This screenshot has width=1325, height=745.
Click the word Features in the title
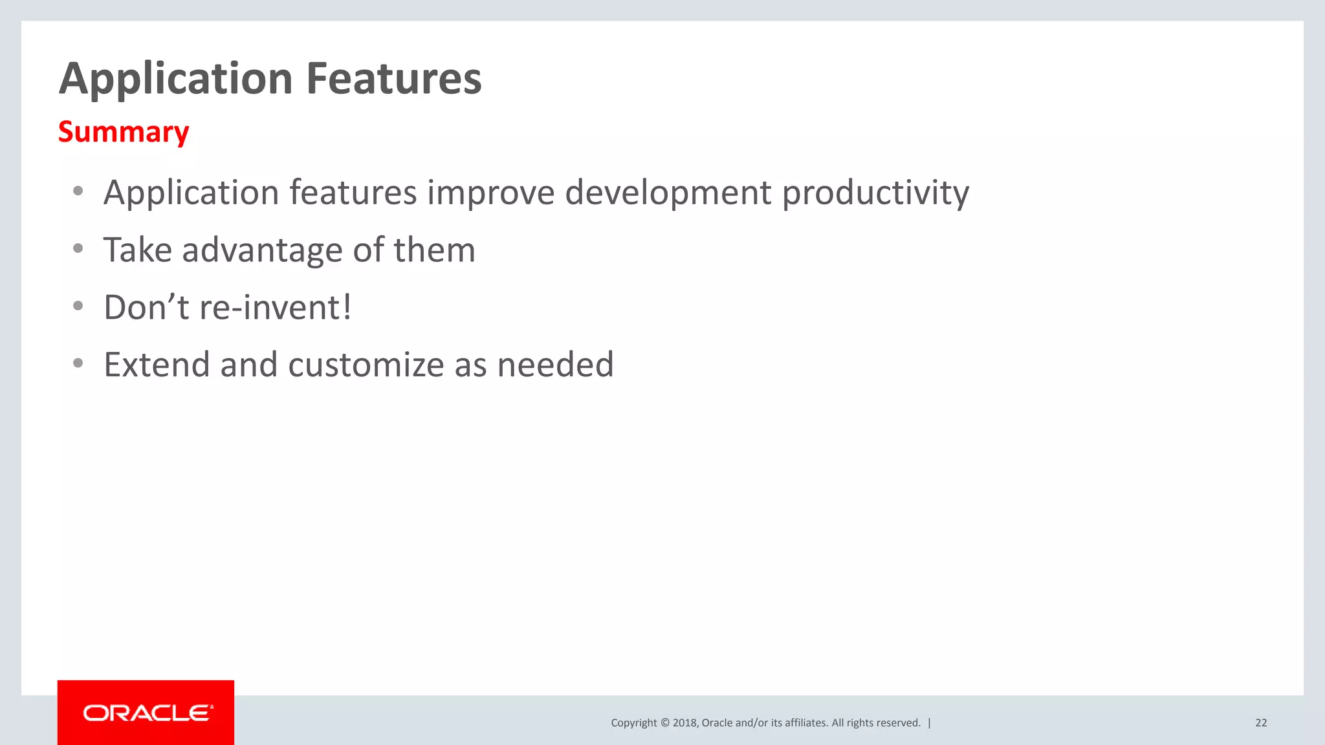(x=393, y=79)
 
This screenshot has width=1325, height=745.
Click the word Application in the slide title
(x=176, y=79)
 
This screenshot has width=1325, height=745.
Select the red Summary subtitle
(x=124, y=132)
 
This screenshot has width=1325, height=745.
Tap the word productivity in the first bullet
(x=875, y=193)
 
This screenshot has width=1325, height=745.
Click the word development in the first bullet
(x=668, y=193)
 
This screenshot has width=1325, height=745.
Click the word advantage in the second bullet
(x=261, y=250)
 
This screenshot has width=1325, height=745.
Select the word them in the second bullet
(x=434, y=250)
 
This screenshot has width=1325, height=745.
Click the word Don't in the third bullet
(x=146, y=307)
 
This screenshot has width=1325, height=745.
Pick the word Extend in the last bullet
(x=157, y=365)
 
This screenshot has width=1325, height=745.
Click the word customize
(x=366, y=365)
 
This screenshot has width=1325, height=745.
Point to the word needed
(x=555, y=365)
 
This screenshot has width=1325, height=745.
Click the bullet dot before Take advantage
(x=78, y=249)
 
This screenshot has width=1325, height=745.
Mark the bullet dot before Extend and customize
(x=78, y=363)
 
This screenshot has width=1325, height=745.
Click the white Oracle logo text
(x=147, y=713)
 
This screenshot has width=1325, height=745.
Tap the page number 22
(x=1261, y=723)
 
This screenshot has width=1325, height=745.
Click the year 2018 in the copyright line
(x=684, y=723)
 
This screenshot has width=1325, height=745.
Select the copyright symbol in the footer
(x=664, y=723)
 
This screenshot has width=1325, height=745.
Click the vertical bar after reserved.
(x=930, y=723)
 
